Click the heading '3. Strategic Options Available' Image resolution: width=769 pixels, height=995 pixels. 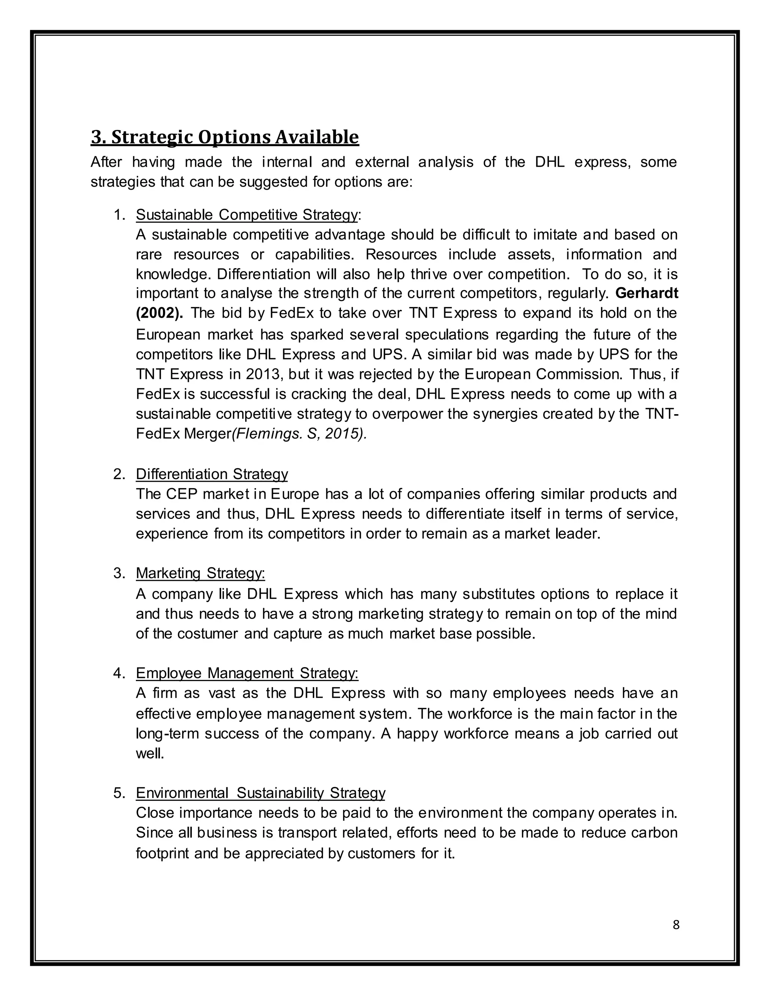point(225,137)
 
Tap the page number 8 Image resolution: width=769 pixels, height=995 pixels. point(676,925)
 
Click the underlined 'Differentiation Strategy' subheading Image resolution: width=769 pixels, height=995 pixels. point(211,474)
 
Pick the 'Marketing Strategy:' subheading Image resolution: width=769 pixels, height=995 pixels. point(200,573)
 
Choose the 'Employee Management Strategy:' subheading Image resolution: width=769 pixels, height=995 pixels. point(247,673)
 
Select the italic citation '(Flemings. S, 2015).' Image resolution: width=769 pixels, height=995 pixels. point(299,434)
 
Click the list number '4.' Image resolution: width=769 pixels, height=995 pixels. point(119,673)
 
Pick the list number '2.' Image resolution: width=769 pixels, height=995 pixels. point(119,474)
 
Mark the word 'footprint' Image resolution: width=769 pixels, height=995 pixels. point(163,853)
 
